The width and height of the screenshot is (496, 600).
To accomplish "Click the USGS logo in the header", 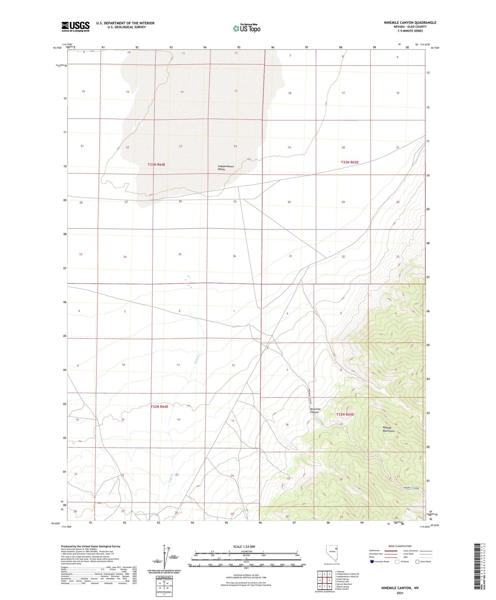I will (x=76, y=26).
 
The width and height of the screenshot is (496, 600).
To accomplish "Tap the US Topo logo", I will (x=246, y=28).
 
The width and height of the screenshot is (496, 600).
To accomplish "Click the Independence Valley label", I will (x=226, y=168).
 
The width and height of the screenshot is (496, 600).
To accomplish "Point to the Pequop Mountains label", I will (x=389, y=429).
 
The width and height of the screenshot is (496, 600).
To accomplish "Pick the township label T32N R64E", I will (x=160, y=407).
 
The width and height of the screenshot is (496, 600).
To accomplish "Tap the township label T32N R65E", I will (x=345, y=414).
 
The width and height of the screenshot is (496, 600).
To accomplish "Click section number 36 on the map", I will (x=234, y=256).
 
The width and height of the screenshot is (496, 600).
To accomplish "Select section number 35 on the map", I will (x=180, y=254).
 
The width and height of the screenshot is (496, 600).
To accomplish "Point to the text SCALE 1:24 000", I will (x=244, y=546).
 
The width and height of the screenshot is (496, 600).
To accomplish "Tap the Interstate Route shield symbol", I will (x=372, y=562).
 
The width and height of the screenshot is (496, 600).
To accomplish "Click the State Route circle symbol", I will (x=417, y=562).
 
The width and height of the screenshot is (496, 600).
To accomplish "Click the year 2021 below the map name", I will (x=400, y=593).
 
